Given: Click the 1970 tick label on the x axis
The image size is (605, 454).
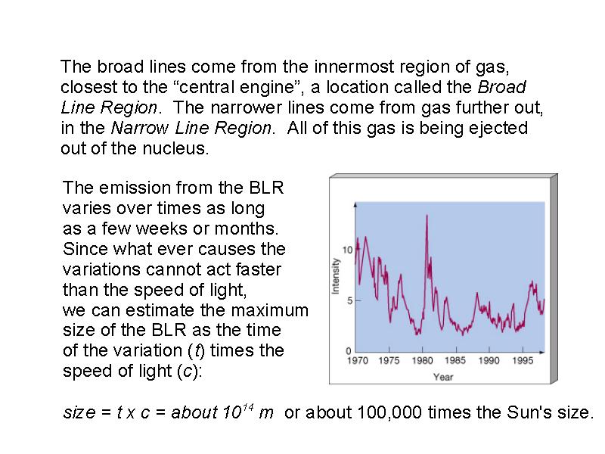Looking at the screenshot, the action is [358, 361].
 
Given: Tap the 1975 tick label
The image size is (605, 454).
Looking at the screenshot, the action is [389, 361].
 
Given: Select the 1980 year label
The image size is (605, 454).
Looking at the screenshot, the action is [422, 361].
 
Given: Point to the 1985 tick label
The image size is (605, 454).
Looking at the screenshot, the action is [455, 361].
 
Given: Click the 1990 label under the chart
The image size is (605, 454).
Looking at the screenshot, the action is [489, 361].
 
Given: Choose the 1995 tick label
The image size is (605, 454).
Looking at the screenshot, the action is [523, 361].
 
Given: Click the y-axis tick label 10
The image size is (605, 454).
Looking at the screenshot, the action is [348, 250].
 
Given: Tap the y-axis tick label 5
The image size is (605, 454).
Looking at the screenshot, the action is [350, 300].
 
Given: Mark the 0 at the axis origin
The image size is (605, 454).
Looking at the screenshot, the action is [349, 351].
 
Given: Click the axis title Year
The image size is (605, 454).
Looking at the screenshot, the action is [443, 377].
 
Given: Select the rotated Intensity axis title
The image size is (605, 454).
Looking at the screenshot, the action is [335, 276].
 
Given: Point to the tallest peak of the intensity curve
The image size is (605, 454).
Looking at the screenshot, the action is [427, 216].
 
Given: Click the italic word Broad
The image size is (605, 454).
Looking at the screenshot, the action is [502, 87].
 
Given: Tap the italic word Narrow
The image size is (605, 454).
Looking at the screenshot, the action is [140, 128].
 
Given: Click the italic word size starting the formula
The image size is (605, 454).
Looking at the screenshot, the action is [79, 412].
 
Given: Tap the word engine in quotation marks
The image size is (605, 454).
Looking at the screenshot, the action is [267, 88].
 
